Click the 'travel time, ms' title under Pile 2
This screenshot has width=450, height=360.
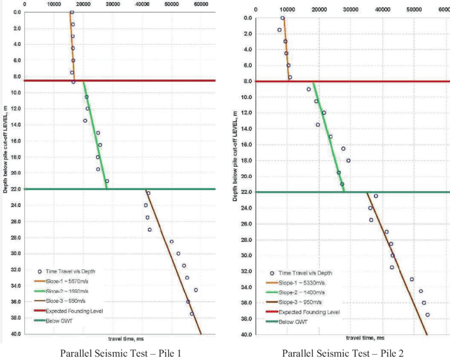[357, 340]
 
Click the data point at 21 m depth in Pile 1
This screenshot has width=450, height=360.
[107, 181]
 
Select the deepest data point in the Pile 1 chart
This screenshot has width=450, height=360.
[192, 313]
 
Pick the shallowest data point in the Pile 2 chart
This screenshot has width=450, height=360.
[282, 18]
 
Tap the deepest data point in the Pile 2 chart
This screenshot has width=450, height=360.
[427, 315]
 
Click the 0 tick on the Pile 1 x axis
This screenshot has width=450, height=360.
[24, 4]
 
